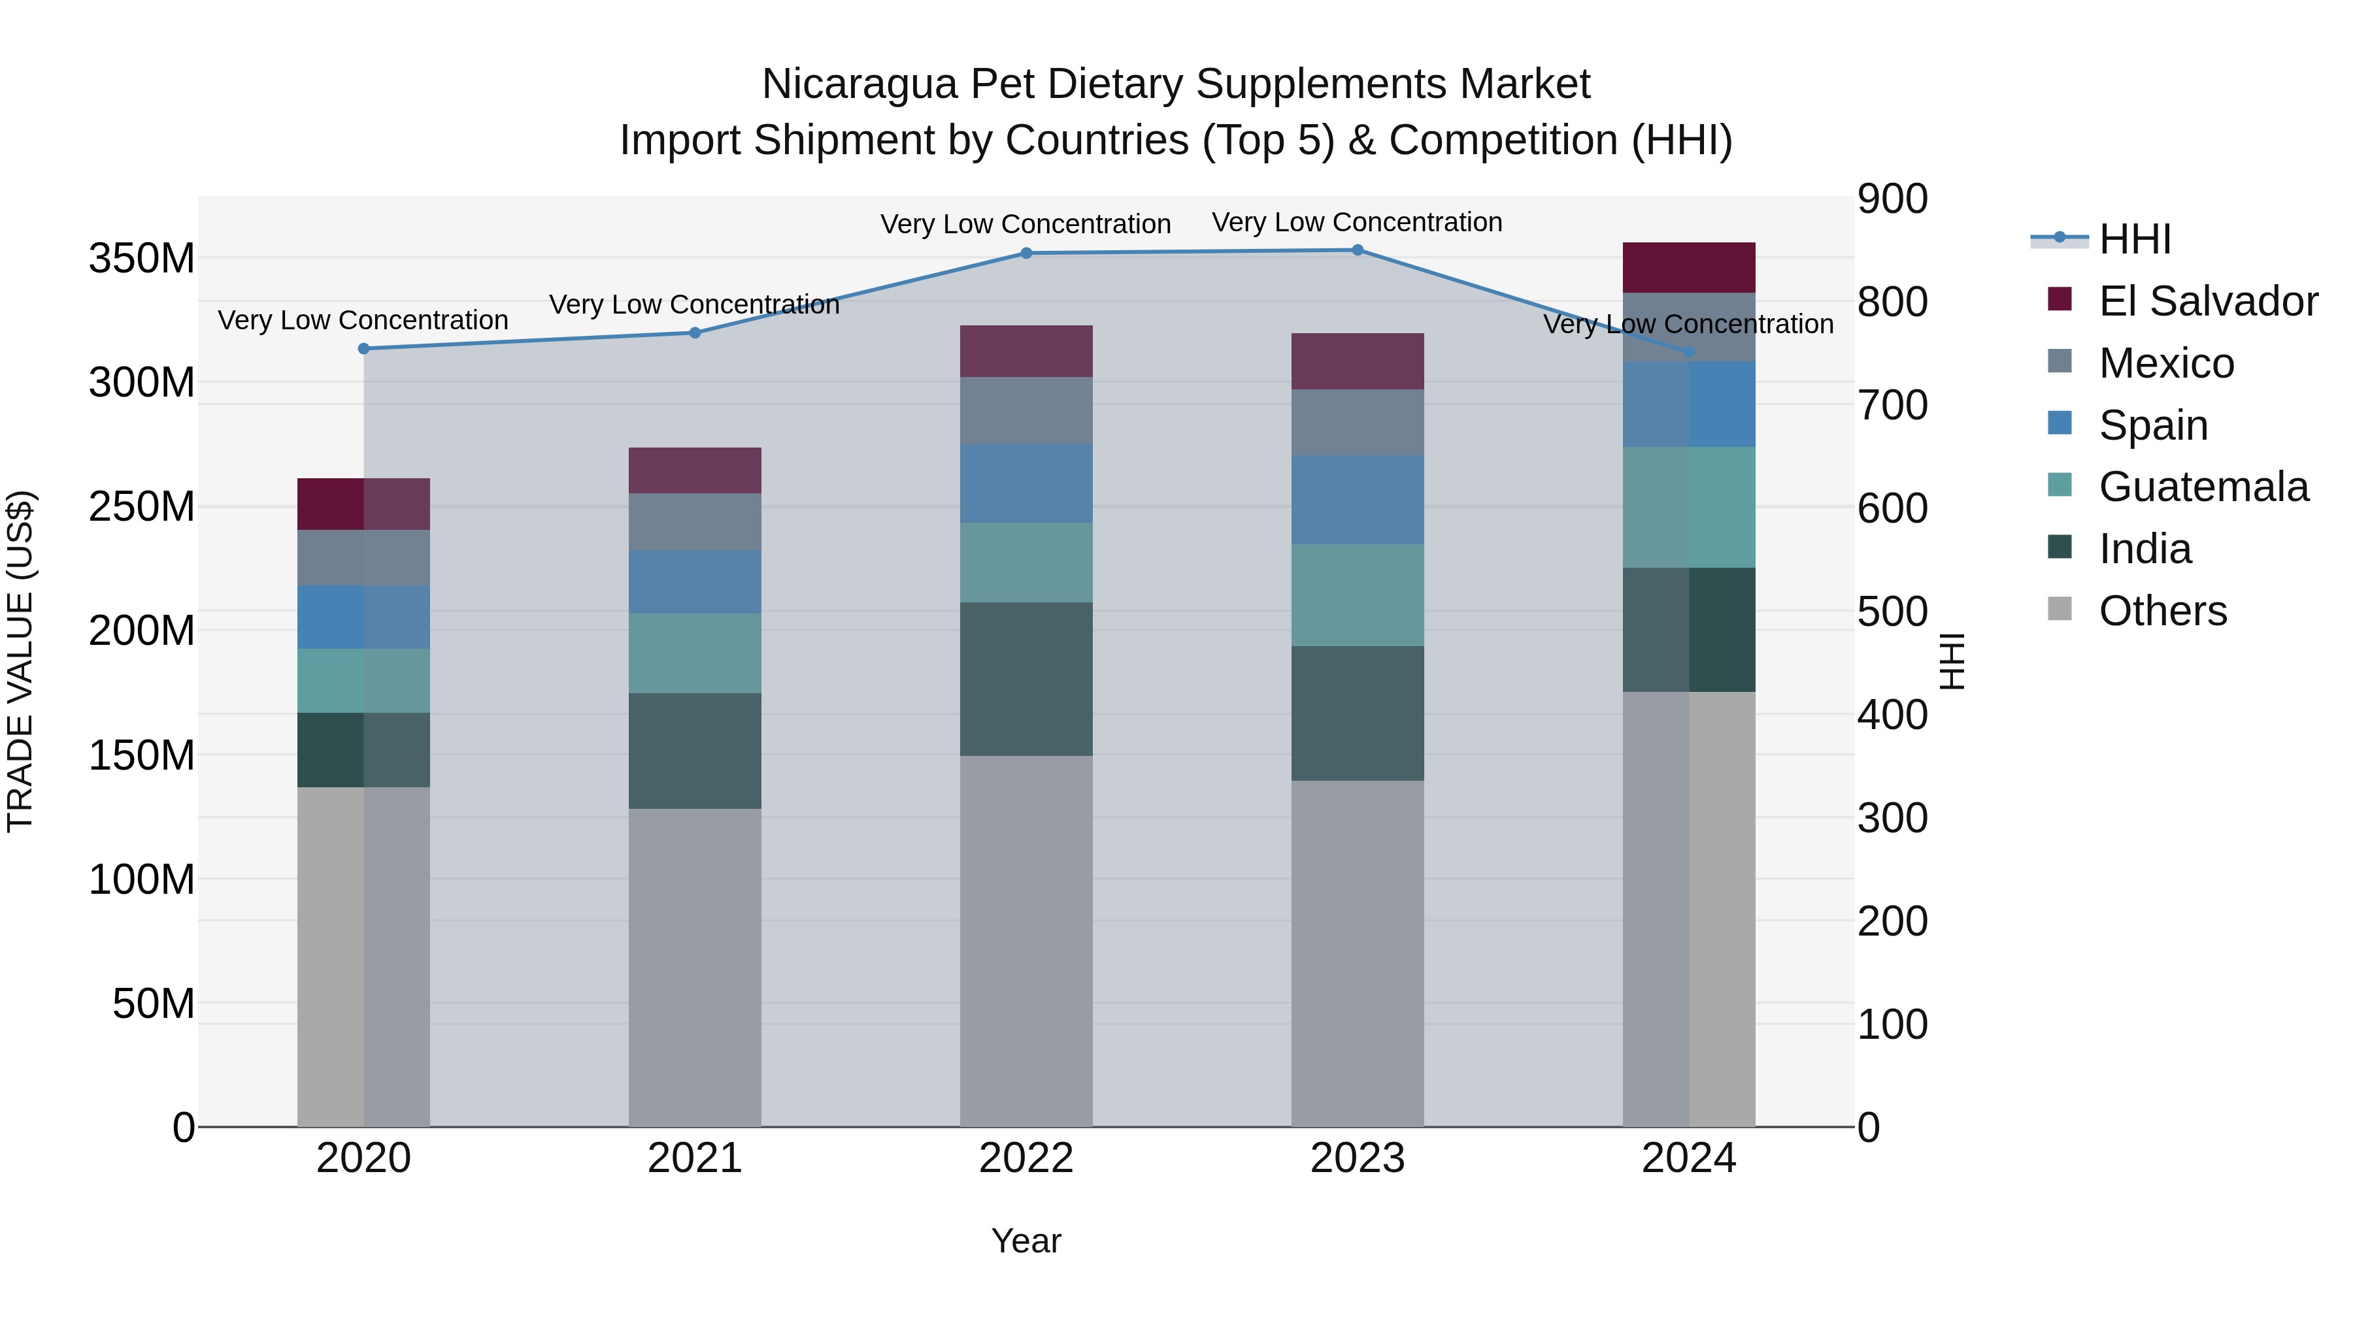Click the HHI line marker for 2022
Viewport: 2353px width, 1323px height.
pos(1026,253)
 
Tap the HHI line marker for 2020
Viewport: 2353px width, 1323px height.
pos(363,349)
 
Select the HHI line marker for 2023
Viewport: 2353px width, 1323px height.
pos(1358,250)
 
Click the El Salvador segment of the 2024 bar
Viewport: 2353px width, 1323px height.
pos(1688,267)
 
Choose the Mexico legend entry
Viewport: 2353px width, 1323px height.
pos(2166,363)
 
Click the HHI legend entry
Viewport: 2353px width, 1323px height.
pos(2134,239)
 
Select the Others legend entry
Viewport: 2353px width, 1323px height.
pos(2162,611)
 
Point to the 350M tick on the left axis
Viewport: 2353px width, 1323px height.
pos(142,258)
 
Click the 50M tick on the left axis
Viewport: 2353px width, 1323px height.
pos(154,1004)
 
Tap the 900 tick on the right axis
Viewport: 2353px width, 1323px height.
pos(1893,199)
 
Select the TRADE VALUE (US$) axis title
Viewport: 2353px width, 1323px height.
pos(20,661)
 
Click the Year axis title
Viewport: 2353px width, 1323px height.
pos(1026,1241)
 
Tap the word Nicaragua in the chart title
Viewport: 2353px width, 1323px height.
pos(859,84)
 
